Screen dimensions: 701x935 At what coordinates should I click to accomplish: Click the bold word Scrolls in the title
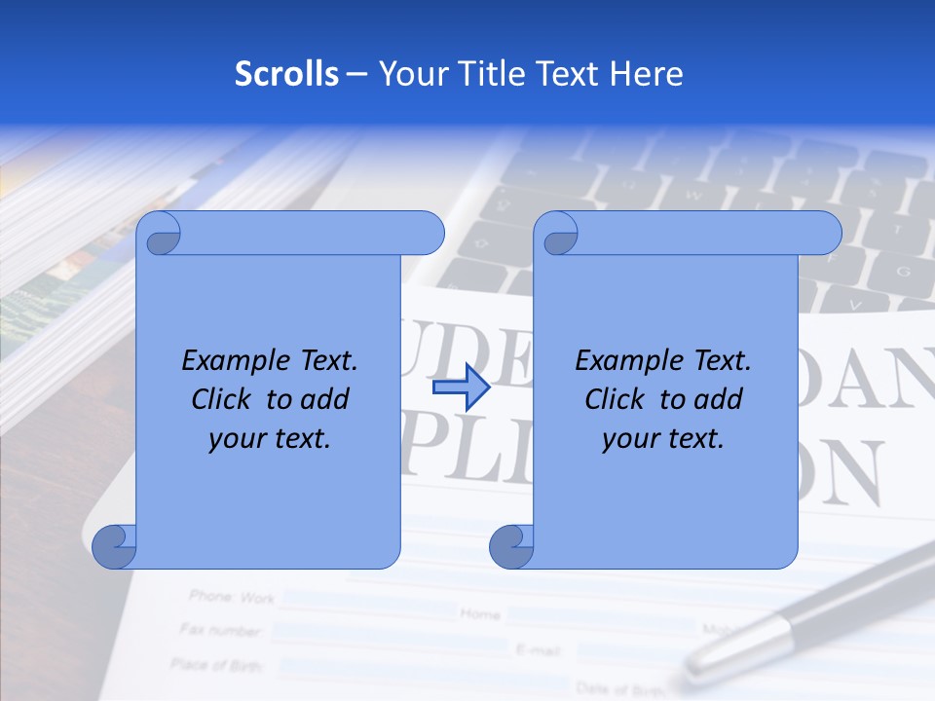pyautogui.click(x=286, y=74)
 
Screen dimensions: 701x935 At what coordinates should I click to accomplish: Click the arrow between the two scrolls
pyautogui.click(x=460, y=387)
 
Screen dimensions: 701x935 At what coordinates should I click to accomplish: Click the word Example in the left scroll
pyautogui.click(x=233, y=361)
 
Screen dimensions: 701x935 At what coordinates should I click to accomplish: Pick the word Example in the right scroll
pyautogui.click(x=626, y=361)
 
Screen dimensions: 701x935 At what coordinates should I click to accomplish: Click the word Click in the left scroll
pyautogui.click(x=223, y=399)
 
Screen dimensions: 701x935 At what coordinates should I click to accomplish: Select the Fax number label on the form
pyautogui.click(x=221, y=630)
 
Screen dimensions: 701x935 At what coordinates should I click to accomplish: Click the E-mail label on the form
pyautogui.click(x=535, y=647)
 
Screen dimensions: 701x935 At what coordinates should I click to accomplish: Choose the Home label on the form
pyautogui.click(x=480, y=614)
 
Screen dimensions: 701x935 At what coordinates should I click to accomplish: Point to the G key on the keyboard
pyautogui.click(x=902, y=270)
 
